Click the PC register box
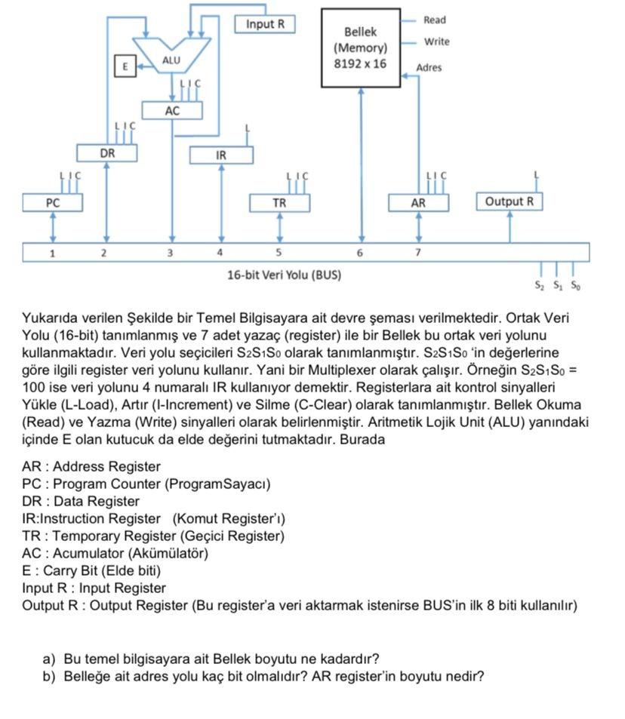[52, 202]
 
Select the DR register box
[107, 153]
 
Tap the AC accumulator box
[173, 111]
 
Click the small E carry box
[125, 66]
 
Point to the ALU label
[172, 60]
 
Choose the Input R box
[265, 24]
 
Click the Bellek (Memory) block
[360, 48]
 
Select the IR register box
[221, 155]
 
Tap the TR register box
[279, 202]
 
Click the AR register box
[418, 202]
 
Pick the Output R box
[509, 201]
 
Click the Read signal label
[435, 20]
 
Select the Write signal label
[436, 41]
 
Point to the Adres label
[429, 68]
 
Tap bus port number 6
[360, 253]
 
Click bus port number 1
[52, 253]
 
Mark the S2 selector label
[539, 286]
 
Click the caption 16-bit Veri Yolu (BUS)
[284, 275]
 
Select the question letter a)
[49, 658]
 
